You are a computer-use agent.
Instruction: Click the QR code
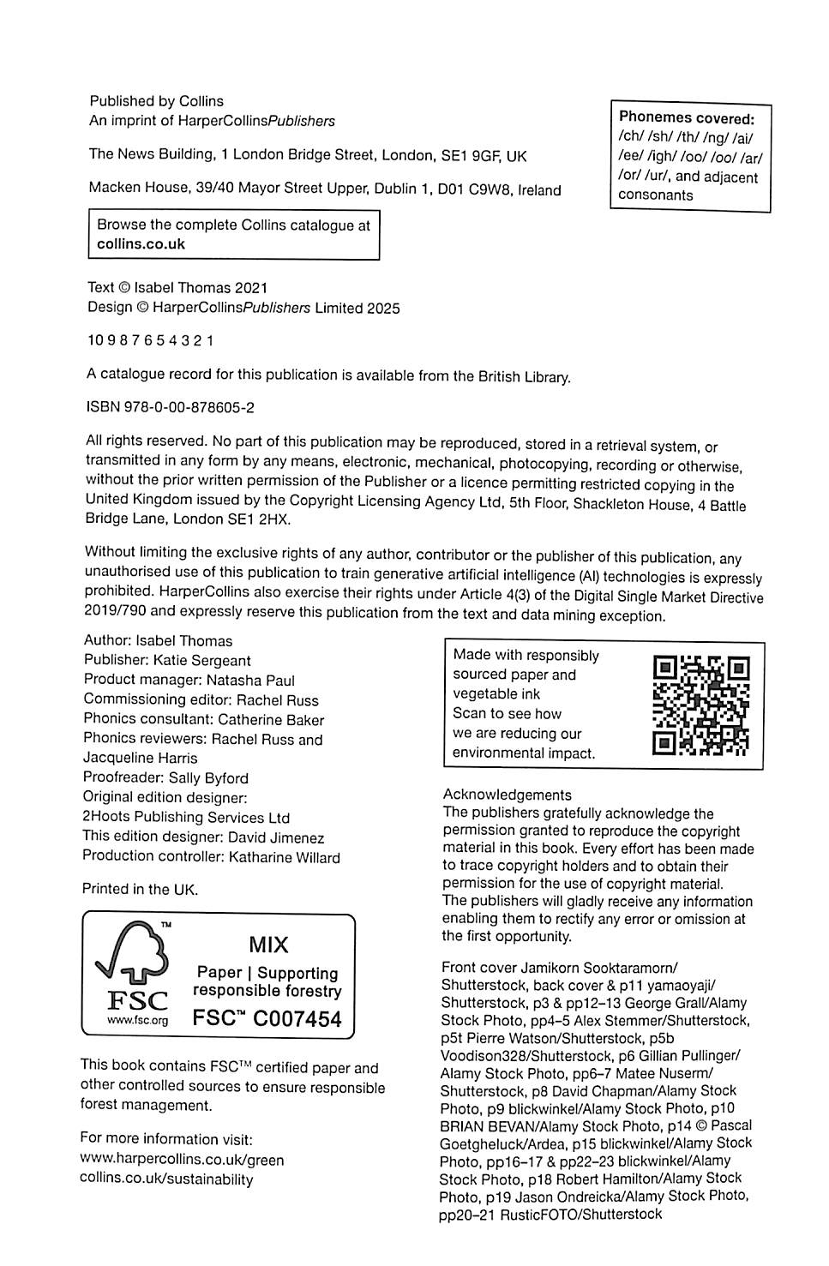(x=700, y=705)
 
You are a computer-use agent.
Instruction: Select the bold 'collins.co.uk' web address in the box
(x=141, y=244)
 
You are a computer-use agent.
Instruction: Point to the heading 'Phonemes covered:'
(x=686, y=118)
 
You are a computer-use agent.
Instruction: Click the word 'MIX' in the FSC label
(x=268, y=945)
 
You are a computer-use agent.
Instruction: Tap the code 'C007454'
(x=298, y=1019)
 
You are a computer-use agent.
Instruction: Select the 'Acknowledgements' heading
(x=507, y=795)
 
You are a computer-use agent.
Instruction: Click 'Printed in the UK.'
(x=140, y=890)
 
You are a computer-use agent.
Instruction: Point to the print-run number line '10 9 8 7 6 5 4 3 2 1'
(x=151, y=340)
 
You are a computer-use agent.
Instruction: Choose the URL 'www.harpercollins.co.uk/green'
(x=182, y=1160)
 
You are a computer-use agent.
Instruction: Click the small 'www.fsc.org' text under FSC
(x=137, y=1020)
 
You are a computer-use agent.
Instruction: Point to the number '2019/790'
(x=116, y=611)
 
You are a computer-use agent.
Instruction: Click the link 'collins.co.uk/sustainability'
(x=166, y=1179)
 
